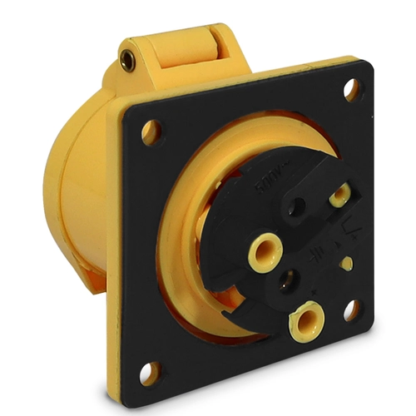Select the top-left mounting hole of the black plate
(151, 131)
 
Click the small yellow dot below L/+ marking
(347, 263)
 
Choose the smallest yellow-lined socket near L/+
(339, 196)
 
